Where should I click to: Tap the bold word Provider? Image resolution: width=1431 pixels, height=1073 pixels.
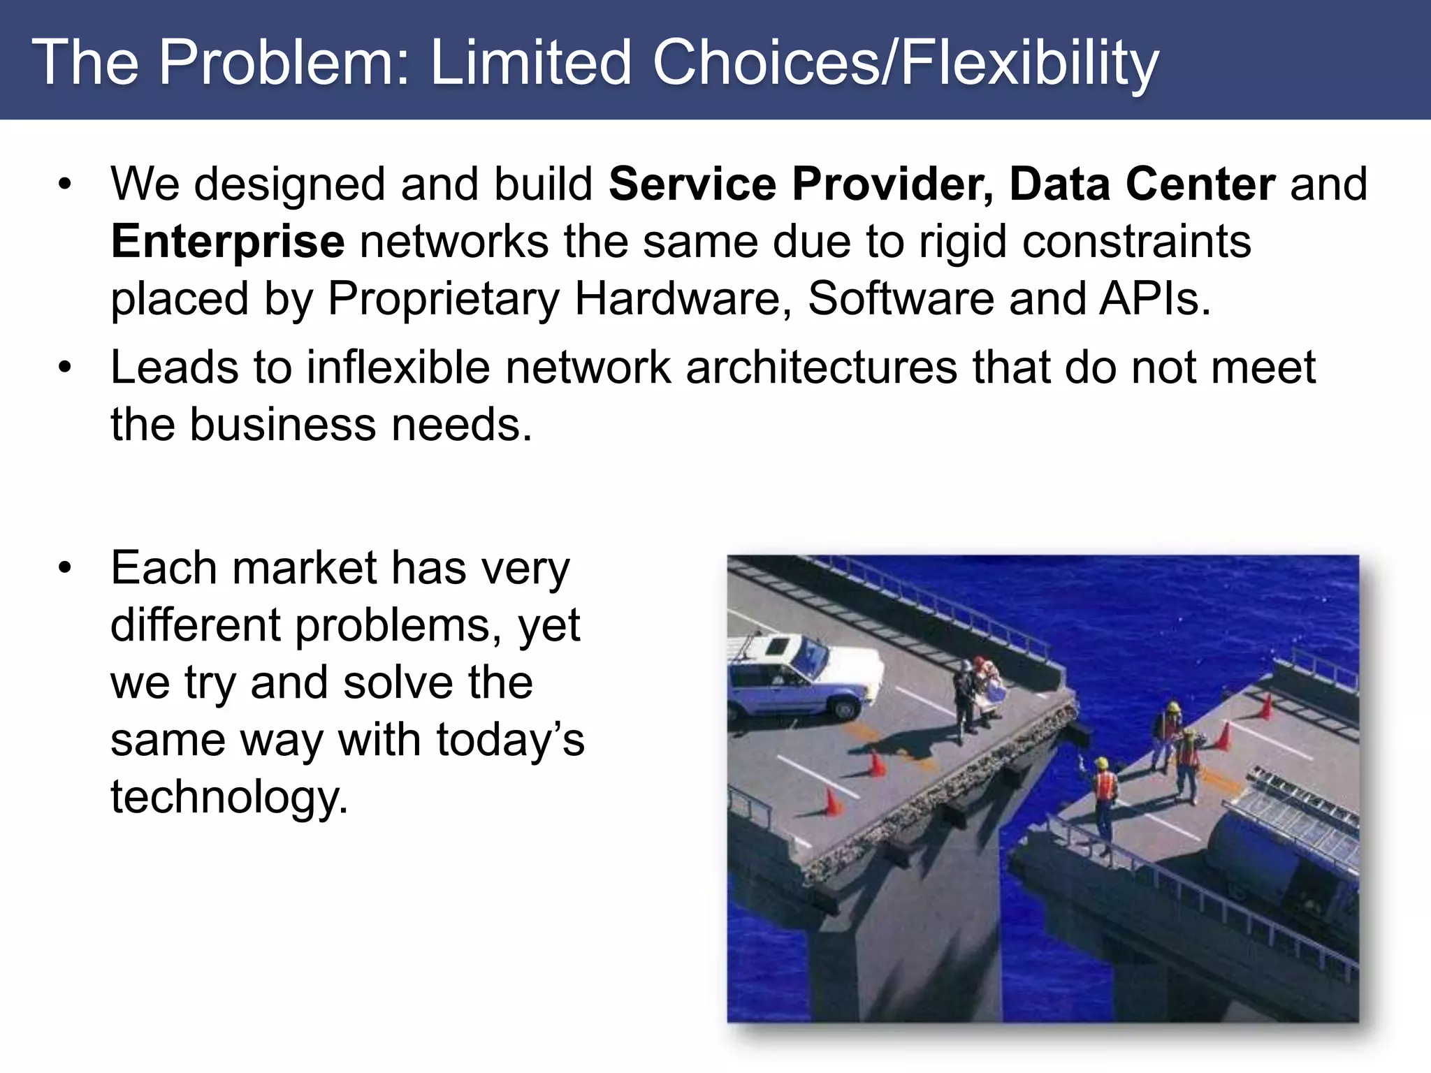point(892,184)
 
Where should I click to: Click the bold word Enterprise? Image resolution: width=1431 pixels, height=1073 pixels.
point(228,242)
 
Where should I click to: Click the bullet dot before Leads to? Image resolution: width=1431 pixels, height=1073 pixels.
point(65,367)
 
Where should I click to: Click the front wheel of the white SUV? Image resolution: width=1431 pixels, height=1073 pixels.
point(845,708)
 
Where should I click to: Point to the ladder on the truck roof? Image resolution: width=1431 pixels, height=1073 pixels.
point(1300,810)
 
